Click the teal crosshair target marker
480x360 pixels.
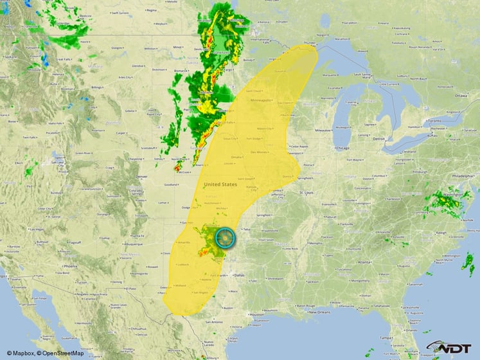pos(226,239)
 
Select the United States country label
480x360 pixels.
pos(220,184)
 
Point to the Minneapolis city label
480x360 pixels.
pos(265,100)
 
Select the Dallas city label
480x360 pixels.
pos(239,275)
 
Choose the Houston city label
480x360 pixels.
pos(256,314)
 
